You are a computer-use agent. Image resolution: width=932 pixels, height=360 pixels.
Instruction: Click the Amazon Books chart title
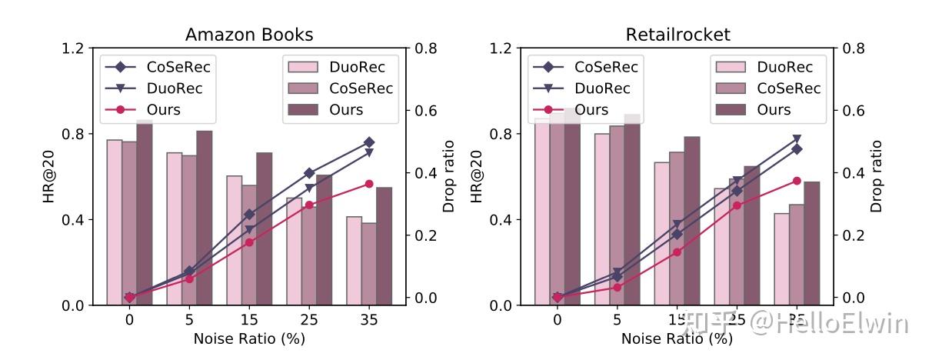pos(249,35)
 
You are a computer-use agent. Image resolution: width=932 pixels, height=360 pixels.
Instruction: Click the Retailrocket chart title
pos(677,35)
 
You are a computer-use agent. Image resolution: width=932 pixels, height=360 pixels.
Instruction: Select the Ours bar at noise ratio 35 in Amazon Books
pos(384,246)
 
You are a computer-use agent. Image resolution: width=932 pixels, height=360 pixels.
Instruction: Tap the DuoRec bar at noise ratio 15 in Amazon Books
pos(234,240)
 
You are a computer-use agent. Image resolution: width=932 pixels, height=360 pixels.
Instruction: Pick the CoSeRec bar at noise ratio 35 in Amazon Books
pos(369,264)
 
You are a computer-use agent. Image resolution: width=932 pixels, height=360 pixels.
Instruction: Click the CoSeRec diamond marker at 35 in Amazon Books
pos(369,142)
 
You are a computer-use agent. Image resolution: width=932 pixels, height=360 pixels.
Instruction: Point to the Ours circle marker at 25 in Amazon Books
pos(309,205)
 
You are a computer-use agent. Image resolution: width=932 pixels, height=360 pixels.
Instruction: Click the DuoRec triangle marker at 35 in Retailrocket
pos(797,139)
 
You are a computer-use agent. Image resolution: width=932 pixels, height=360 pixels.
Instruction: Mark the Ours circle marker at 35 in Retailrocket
pos(797,181)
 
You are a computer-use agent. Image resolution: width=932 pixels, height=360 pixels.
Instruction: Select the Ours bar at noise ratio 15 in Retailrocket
pos(692,221)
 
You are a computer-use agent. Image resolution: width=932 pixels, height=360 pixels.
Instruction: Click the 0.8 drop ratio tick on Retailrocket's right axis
pos(854,48)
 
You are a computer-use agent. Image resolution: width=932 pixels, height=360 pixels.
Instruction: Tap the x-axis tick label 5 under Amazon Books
pos(189,319)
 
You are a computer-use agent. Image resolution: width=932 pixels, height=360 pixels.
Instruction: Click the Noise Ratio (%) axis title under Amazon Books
pos(249,338)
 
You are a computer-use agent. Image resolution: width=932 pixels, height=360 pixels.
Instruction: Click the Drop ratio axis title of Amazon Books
pos(448,176)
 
